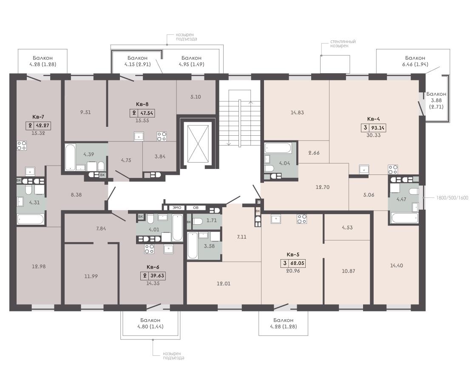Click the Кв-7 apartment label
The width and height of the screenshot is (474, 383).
click(38, 117)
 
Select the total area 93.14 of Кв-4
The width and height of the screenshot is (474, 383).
click(377, 128)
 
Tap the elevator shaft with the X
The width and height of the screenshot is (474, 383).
click(198, 144)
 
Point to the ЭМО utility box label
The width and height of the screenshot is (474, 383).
click(177, 208)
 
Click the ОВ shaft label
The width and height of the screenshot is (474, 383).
click(196, 208)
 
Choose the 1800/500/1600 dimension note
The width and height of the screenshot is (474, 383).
click(452, 198)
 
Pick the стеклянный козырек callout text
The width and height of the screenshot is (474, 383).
click(343, 43)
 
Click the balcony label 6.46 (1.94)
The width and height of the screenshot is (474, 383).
click(415, 64)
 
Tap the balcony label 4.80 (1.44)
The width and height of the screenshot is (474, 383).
click(150, 326)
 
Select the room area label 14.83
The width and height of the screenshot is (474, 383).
click(297, 112)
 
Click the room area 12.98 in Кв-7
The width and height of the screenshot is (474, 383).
click(39, 266)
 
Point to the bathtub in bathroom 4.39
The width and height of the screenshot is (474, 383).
click(70, 157)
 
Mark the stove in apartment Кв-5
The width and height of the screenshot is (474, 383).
click(302, 219)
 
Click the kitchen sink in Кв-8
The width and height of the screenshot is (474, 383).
click(139, 137)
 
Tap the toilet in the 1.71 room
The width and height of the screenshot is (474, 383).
click(197, 221)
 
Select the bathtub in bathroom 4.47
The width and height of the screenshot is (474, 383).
click(404, 218)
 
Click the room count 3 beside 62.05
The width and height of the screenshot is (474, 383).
click(284, 263)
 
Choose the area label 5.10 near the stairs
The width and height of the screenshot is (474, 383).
click(196, 97)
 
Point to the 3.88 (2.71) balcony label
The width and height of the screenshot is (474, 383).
click(436, 103)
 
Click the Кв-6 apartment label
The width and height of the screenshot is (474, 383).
click(153, 267)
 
